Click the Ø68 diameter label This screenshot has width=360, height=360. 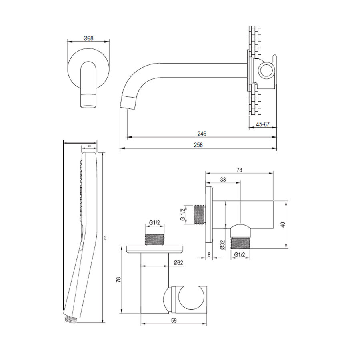(88, 38)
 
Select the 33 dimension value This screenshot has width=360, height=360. (223, 180)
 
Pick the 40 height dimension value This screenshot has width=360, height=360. (283, 224)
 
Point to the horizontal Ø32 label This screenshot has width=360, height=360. (178, 263)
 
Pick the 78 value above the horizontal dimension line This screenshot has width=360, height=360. (239, 170)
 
